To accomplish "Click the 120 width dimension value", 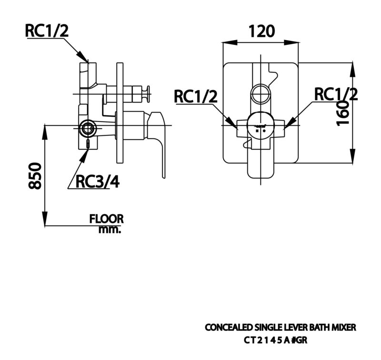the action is pyautogui.click(x=261, y=31).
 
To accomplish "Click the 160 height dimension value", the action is pyautogui.click(x=342, y=113).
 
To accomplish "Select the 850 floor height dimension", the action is pyautogui.click(x=35, y=175).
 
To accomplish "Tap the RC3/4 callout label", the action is pyautogui.click(x=98, y=182).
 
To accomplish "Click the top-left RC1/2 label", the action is pyautogui.click(x=47, y=31).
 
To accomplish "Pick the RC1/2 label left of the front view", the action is pyautogui.click(x=196, y=97).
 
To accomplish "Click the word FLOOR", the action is pyautogui.click(x=106, y=219).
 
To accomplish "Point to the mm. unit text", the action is pyautogui.click(x=110, y=229).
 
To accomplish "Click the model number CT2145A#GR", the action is pyautogui.click(x=276, y=340).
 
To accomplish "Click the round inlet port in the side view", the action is pyautogui.click(x=88, y=127).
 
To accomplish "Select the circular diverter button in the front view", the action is pyautogui.click(x=261, y=94).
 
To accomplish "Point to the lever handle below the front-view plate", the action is pyautogui.click(x=261, y=168).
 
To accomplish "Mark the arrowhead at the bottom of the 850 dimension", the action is pyautogui.click(x=45, y=218).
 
